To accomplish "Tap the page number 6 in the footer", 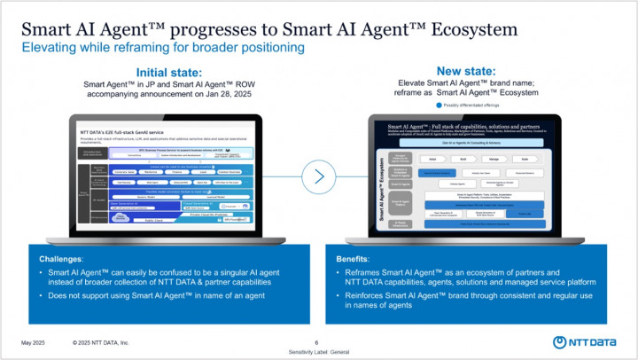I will tap(316, 342).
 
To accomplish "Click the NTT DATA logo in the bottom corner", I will tap(584, 342).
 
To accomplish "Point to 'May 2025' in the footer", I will tap(33, 342).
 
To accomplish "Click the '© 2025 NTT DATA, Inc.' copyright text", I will tap(101, 342).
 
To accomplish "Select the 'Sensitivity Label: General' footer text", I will tap(318, 352).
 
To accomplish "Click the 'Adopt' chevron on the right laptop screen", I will tap(432, 160).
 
